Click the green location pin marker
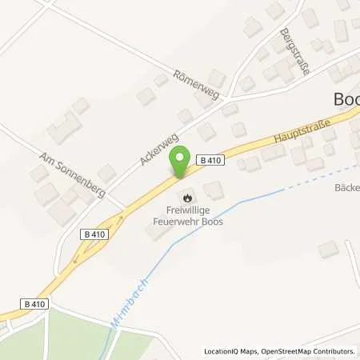coord(181,162)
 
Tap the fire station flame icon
coord(187,195)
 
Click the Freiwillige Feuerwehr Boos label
coord(190,217)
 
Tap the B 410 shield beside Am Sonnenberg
coord(94,234)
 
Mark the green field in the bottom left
coord(64,336)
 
